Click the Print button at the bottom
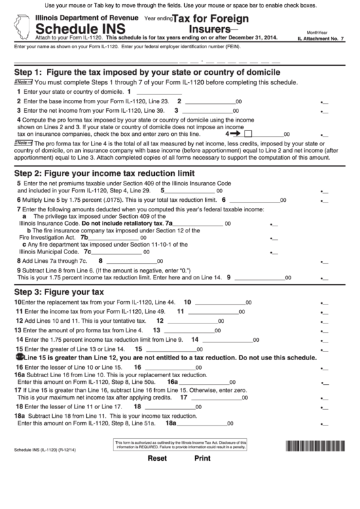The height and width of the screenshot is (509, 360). point(203,496)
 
